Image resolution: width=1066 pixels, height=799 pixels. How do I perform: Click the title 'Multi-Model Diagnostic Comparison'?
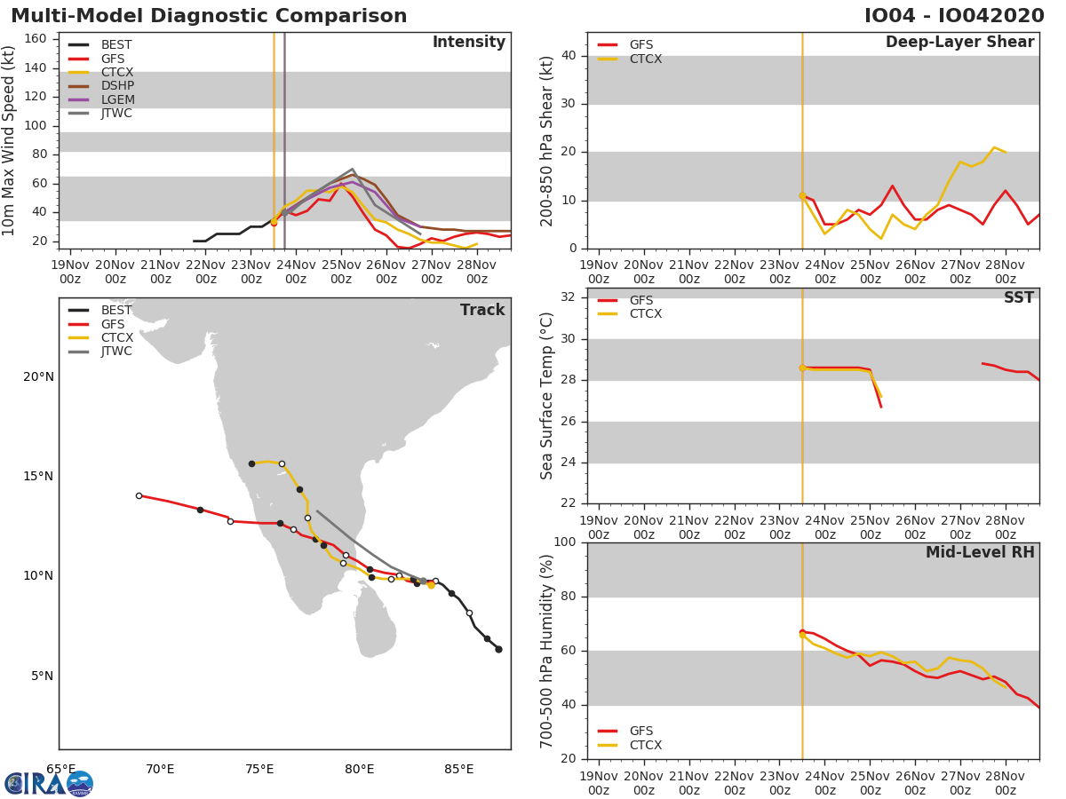pyautogui.click(x=209, y=16)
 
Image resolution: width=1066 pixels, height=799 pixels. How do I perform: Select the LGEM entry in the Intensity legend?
pyautogui.click(x=116, y=99)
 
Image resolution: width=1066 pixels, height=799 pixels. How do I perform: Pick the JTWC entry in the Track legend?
pyautogui.click(x=116, y=352)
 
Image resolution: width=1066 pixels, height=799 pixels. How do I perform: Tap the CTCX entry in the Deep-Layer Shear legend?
pyautogui.click(x=645, y=59)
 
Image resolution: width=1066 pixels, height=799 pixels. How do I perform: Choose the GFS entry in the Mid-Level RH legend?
pyautogui.click(x=640, y=731)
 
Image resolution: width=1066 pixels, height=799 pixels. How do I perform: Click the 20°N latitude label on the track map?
pyautogui.click(x=38, y=376)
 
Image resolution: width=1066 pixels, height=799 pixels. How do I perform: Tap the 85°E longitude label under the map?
pyautogui.click(x=458, y=769)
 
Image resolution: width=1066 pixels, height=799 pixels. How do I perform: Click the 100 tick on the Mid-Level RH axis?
pyautogui.click(x=567, y=542)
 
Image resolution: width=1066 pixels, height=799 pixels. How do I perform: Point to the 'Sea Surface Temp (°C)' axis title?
pyautogui.click(x=547, y=396)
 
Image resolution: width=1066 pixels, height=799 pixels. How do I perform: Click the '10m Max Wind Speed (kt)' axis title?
pyautogui.click(x=10, y=140)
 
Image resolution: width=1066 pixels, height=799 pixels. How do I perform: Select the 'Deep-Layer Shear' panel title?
pyautogui.click(x=959, y=43)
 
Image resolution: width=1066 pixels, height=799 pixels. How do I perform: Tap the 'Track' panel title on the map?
pyautogui.click(x=481, y=310)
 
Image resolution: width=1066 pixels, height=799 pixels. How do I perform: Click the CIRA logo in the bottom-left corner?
pyautogui.click(x=49, y=783)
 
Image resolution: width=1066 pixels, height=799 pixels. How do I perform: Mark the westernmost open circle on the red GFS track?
pyautogui.click(x=139, y=495)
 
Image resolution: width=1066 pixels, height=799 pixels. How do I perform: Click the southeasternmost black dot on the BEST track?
pyautogui.click(x=498, y=649)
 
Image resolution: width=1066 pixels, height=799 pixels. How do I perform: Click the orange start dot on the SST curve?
pyautogui.click(x=802, y=368)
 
